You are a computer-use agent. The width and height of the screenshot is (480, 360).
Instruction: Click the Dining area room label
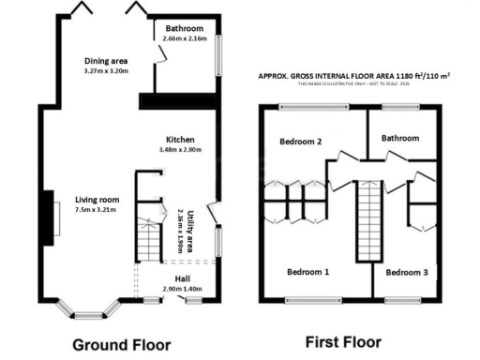pos(106,61)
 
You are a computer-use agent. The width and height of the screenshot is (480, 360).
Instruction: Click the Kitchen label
pos(180,140)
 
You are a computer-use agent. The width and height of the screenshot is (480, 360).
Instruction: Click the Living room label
pos(97,199)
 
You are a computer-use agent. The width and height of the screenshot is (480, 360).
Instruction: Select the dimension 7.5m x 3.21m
pos(97,210)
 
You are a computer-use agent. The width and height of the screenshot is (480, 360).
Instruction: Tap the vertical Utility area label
pos(190,227)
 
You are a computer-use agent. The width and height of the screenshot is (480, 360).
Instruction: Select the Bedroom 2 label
pos(301,142)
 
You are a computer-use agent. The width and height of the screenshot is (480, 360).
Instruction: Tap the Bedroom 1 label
pos(307,272)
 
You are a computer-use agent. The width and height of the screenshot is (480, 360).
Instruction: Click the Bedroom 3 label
pos(407,272)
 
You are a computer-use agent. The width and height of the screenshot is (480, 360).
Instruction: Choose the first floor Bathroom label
pos(400,138)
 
